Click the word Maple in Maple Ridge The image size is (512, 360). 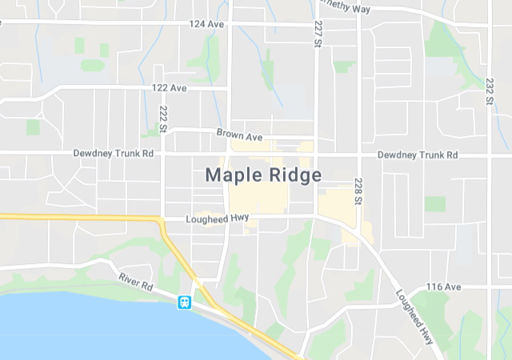pos(234,175)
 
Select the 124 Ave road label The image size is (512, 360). pos(206,24)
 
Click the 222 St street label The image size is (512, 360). pos(162,119)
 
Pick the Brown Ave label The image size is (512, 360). pos(239,137)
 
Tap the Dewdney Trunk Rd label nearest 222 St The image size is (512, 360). pos(113,153)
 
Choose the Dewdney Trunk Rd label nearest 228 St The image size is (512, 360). pos(418,154)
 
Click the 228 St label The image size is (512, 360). pos(358,192)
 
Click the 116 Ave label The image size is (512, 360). pos(444,286)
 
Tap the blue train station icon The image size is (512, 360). pos(184,302)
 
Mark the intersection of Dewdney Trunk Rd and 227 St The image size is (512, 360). pos(317,154)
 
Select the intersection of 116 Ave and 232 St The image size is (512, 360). pos(490,286)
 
